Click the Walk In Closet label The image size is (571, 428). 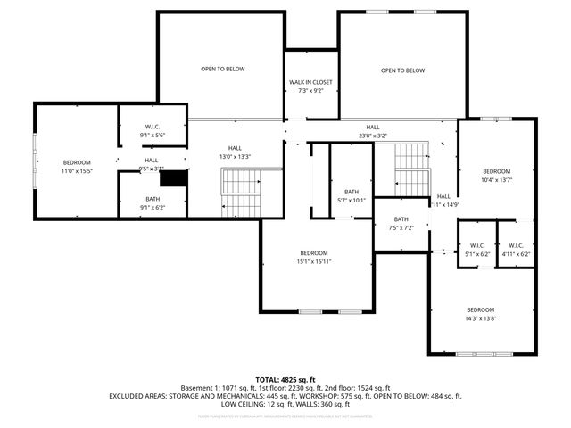310,82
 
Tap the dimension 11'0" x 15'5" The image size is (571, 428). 77,170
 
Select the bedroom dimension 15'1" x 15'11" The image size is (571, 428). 313,262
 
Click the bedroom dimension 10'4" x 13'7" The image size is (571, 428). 497,180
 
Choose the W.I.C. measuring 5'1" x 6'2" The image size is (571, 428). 476,254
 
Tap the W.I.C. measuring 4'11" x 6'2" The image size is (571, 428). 516,254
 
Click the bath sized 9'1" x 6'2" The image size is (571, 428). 152,208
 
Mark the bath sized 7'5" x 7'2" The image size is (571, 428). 401,227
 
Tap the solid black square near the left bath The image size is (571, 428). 180,177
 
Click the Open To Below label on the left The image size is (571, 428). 222,70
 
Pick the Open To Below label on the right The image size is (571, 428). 402,70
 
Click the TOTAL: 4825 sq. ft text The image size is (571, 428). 285,380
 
